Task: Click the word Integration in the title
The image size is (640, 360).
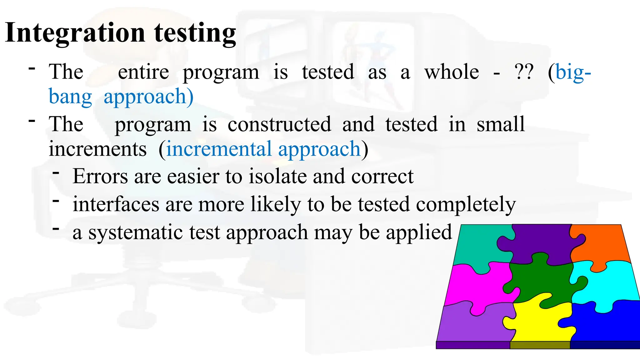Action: click(75, 33)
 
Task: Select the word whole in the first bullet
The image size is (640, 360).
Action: click(452, 72)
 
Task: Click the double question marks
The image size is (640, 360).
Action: click(524, 72)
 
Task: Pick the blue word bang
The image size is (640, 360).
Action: click(70, 97)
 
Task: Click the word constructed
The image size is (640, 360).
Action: click(279, 124)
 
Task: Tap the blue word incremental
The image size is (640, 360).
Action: click(219, 149)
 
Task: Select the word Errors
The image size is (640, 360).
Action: click(100, 176)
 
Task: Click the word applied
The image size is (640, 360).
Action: click(419, 233)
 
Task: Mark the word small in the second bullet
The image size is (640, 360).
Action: click(501, 124)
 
